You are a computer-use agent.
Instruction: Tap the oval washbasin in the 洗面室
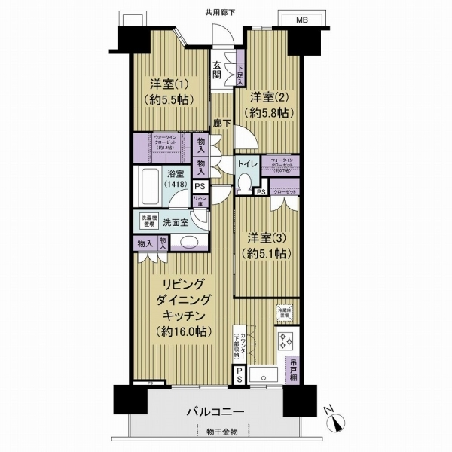tap(190, 243)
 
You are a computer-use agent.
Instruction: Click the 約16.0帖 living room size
tap(185, 331)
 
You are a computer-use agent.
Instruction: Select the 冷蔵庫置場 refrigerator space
tap(285, 310)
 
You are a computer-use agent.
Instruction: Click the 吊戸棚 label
tap(292, 374)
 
